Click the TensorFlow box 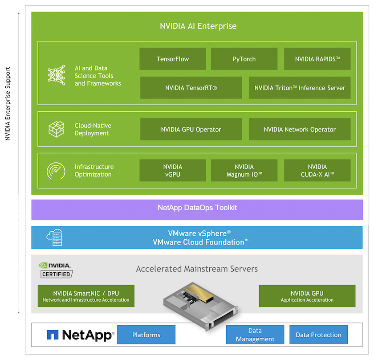(x=173, y=59)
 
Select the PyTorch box (x=244, y=59)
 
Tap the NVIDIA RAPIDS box (x=317, y=59)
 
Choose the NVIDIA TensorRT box (x=191, y=88)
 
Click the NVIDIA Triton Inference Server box (x=300, y=88)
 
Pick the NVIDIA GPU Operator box (x=191, y=130)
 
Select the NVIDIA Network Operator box (x=300, y=130)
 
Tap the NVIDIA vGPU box (x=173, y=171)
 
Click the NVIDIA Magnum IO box (x=244, y=171)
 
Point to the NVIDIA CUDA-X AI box (x=317, y=171)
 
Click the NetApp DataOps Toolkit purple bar (x=197, y=208)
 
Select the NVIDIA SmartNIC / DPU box (x=86, y=296)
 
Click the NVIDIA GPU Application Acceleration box (x=307, y=296)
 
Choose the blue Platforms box (x=146, y=335)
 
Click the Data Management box (x=255, y=335)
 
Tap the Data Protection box (x=319, y=335)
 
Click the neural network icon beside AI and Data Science (x=57, y=76)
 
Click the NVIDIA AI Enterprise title (x=198, y=26)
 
